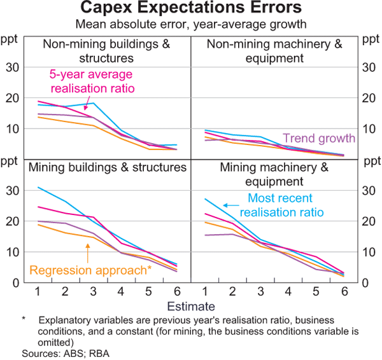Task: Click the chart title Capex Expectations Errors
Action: pos(190,9)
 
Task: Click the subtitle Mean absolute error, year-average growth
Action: pos(190,25)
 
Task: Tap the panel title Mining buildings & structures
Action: pos(108,167)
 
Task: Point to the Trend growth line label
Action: pos(319,138)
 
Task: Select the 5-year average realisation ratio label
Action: pos(93,81)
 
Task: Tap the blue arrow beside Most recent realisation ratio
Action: pos(232,204)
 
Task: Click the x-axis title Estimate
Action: pos(190,307)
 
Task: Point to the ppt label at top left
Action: pos(10,40)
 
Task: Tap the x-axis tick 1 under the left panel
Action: pos(39,293)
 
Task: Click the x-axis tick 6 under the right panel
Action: pos(344,293)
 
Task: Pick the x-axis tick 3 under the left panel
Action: pos(93,293)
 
